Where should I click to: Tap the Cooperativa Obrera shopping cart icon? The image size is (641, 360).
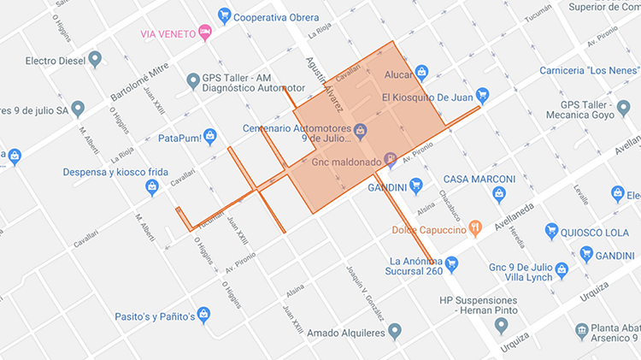tap(224, 15)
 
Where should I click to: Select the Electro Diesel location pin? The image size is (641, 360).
tap(95, 59)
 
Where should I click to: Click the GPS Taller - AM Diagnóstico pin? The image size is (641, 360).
tap(192, 81)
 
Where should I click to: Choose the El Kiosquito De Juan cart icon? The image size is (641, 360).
tap(482, 95)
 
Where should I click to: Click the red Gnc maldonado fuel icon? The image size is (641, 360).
tap(390, 158)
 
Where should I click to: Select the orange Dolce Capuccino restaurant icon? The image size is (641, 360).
tap(475, 227)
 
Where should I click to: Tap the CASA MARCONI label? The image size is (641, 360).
tap(479, 179)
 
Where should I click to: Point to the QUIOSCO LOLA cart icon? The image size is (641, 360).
tap(551, 231)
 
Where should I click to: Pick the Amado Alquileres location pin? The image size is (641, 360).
tap(394, 330)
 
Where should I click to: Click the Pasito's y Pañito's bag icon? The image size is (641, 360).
tap(203, 314)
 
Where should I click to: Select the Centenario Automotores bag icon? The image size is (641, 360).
tap(361, 131)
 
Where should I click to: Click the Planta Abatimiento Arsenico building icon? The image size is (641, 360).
tap(581, 330)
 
